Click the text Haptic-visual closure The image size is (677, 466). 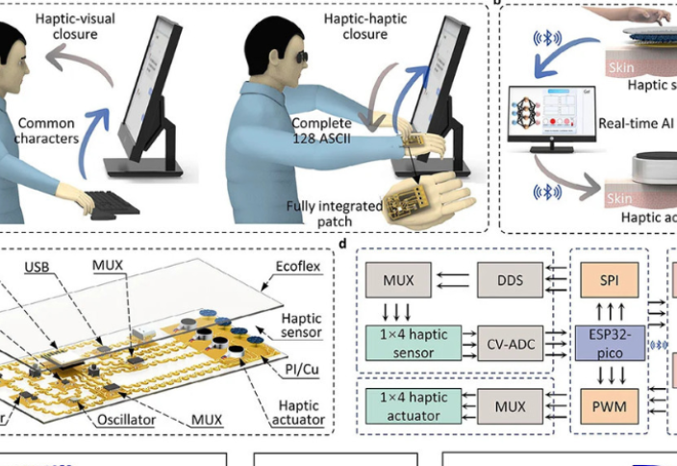coord(70,28)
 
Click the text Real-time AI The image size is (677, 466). coord(636,123)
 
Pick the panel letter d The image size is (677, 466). coord(344,244)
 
